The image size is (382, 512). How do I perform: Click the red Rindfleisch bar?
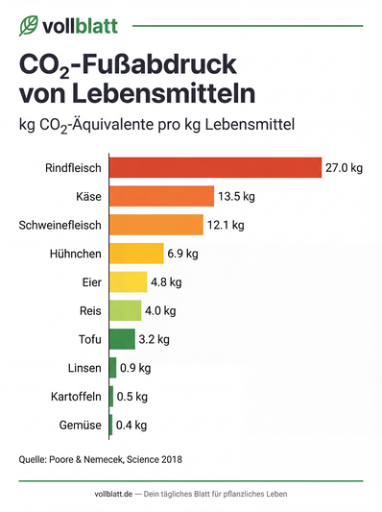(x=215, y=168)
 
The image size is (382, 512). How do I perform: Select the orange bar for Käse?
(x=161, y=197)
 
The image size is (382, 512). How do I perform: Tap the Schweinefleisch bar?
(x=155, y=226)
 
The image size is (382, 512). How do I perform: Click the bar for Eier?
(x=128, y=282)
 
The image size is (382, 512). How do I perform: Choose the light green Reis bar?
(x=125, y=310)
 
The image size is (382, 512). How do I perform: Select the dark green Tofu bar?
(x=122, y=339)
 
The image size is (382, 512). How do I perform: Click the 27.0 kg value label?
(x=344, y=168)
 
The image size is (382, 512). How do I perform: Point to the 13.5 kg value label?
(x=237, y=197)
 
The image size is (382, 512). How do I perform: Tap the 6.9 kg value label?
(x=182, y=254)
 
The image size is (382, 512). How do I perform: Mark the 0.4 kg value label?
(x=131, y=425)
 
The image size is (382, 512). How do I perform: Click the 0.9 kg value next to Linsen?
(x=135, y=368)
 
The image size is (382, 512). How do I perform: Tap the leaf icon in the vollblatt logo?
(x=30, y=26)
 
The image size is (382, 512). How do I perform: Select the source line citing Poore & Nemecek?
(x=101, y=460)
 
